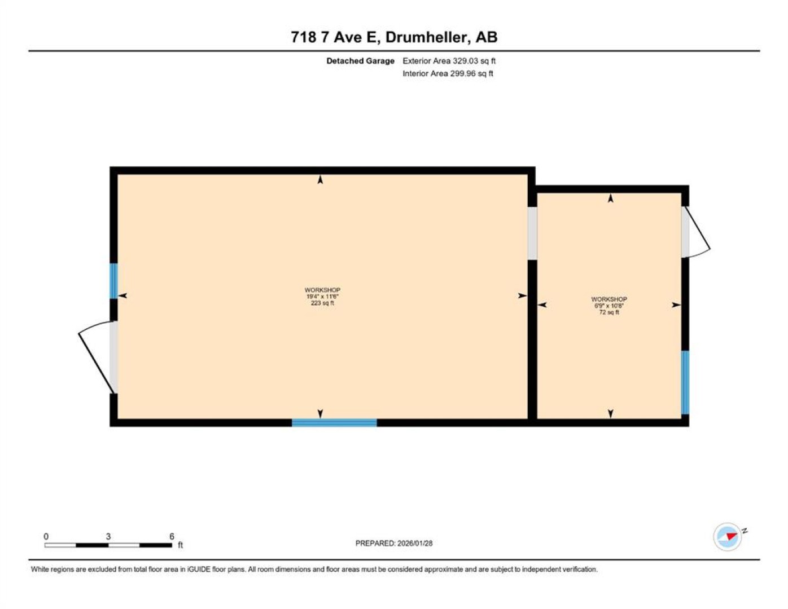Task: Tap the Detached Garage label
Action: point(360,61)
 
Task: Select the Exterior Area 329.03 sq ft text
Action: point(449,61)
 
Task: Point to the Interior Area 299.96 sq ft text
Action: point(448,73)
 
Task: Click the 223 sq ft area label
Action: point(322,303)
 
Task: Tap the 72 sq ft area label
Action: point(609,312)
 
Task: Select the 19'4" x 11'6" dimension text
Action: point(322,297)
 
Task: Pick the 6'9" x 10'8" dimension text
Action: point(609,306)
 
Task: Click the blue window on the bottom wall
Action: point(334,422)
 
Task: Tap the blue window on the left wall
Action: point(113,281)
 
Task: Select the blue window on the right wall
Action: point(685,382)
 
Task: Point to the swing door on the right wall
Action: point(695,232)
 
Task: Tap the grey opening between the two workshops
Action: point(532,233)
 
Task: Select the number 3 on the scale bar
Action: point(108,536)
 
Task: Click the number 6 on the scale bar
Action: point(172,536)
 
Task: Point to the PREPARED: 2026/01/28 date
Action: point(394,543)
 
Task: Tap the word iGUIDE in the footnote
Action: point(199,569)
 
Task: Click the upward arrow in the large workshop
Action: point(320,179)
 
